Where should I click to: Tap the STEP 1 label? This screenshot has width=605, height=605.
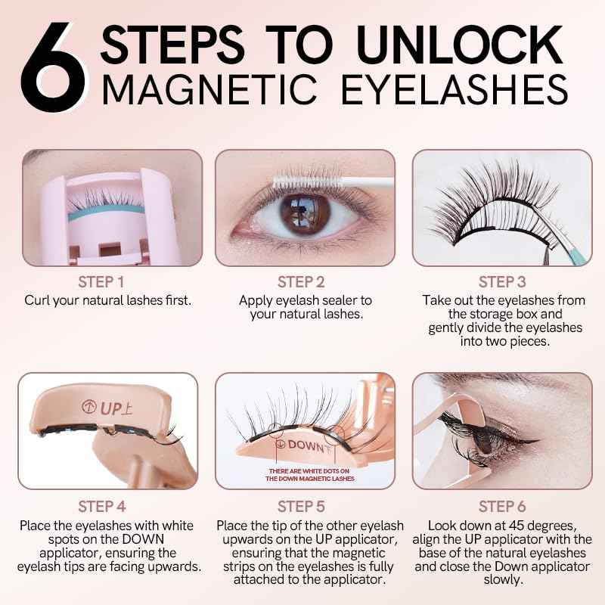point(107,283)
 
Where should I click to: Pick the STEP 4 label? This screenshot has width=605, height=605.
point(107,506)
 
